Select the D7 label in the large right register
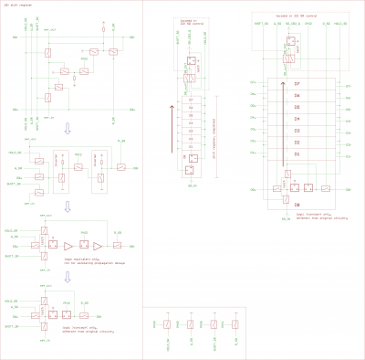click(x=297, y=83)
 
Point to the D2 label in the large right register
click(x=297, y=143)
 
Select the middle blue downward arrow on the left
click(x=66, y=207)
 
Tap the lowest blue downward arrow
click(x=66, y=276)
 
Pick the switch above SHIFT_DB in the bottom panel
click(x=213, y=323)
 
